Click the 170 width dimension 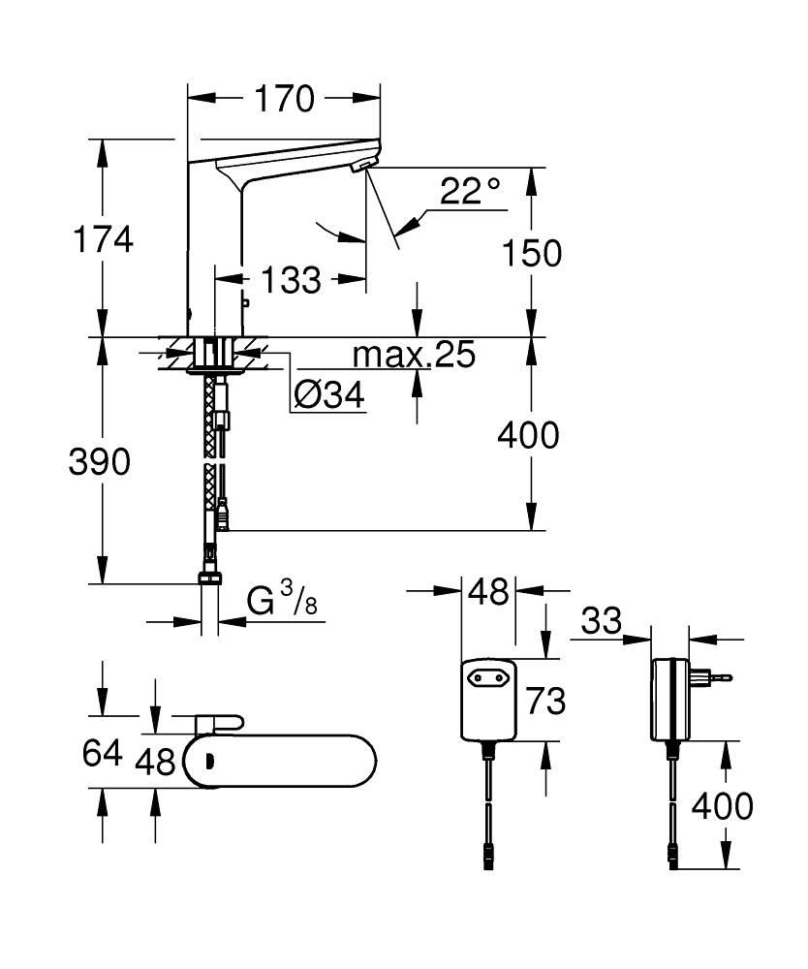286,98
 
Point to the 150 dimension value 531,253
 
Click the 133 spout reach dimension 291,280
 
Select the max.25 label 414,357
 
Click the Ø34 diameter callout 329,394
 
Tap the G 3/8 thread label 281,602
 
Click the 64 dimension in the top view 102,752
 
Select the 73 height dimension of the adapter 545,699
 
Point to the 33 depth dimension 602,620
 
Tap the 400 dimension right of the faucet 528,436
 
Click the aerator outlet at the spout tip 359,168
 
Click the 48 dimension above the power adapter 488,590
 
